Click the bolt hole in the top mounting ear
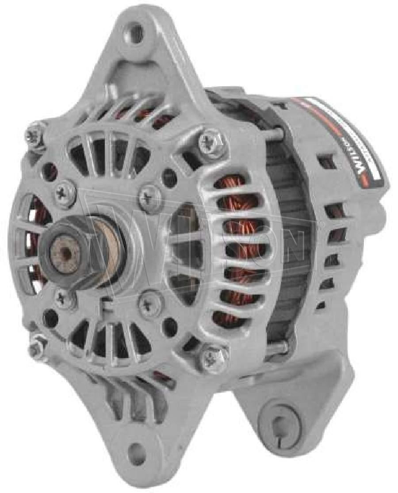click(x=137, y=31)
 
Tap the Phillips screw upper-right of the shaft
click(x=147, y=197)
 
